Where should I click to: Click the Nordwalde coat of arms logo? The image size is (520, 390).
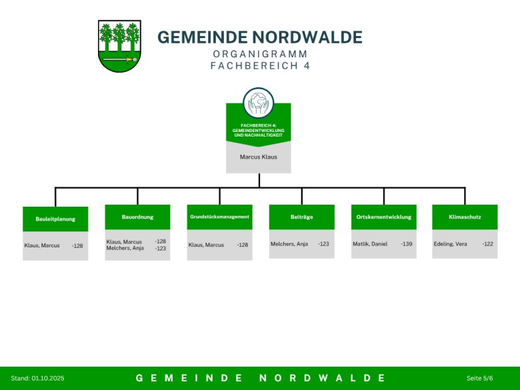119,45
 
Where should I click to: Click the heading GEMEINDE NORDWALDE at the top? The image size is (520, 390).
260,37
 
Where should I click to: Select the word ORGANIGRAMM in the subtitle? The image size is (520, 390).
260,53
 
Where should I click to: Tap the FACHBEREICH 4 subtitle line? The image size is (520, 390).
260,66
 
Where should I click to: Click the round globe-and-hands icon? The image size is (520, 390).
259,103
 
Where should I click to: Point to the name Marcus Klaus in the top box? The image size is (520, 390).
259,157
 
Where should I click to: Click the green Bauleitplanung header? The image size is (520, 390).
55,219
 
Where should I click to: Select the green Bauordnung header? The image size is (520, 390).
137,217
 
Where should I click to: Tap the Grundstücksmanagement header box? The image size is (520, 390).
219,217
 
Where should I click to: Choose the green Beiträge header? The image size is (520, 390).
301,217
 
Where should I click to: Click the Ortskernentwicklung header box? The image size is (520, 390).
383,217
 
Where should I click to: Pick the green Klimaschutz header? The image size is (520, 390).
465,217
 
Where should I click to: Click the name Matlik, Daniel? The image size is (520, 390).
370,244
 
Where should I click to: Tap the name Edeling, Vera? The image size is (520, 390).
451,244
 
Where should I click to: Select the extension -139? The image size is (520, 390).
407,244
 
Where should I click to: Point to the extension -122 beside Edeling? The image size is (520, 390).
488,244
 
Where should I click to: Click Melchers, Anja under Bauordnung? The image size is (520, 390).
125,248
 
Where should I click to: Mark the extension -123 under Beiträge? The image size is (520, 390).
323,244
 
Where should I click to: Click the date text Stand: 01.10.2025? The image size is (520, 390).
38,378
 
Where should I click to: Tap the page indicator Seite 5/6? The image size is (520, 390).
479,378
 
